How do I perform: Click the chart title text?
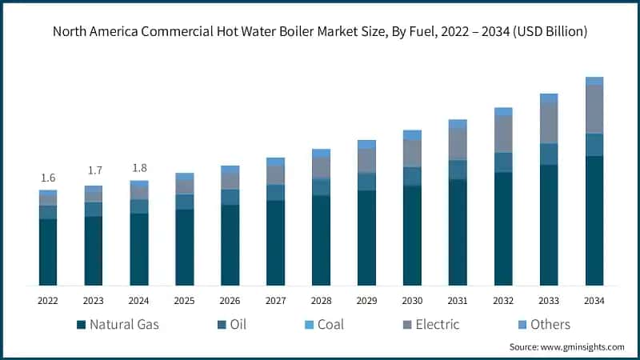pos(320,32)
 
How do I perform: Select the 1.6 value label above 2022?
pos(48,178)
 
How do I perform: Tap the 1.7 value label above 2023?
pos(94,170)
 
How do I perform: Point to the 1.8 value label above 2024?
pos(139,167)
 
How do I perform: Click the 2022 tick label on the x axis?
pos(48,301)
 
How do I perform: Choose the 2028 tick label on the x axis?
pos(321,301)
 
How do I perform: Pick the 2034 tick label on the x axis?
pos(594,301)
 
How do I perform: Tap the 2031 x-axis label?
pos(458,301)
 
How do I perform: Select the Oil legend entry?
pos(233,325)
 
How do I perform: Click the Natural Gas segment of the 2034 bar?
pos(594,220)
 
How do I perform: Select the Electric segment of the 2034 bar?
pos(594,109)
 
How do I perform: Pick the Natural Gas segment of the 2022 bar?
pos(48,252)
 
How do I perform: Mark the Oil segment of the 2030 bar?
pos(412,176)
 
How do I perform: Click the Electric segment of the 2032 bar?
pos(503,134)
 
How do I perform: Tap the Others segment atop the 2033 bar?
pos(549,98)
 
